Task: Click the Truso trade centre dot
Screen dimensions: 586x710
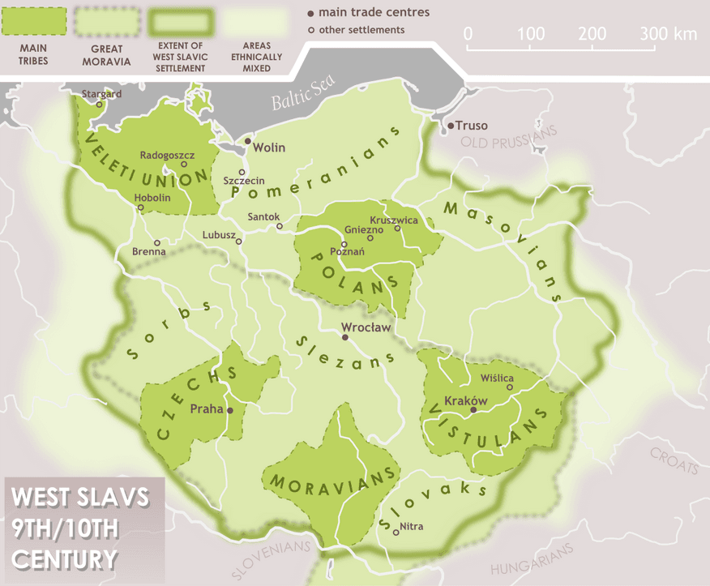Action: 451,126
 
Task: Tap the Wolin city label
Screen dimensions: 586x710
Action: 269,148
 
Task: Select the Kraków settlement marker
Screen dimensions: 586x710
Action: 474,411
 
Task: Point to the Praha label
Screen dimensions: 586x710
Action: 206,409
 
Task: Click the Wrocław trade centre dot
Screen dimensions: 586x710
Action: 346,339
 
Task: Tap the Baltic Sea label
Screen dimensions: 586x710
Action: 297,101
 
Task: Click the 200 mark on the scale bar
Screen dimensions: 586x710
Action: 592,34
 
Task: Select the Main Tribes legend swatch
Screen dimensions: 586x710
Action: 33,22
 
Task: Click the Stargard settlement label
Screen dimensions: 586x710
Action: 101,94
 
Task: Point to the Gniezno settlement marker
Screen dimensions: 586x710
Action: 370,237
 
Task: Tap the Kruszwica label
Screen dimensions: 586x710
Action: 393,220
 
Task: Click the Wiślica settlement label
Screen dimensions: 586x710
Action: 498,378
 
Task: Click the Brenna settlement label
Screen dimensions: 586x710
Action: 149,251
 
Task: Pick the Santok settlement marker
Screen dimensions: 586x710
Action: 280,226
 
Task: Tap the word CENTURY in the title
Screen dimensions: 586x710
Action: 65,558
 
